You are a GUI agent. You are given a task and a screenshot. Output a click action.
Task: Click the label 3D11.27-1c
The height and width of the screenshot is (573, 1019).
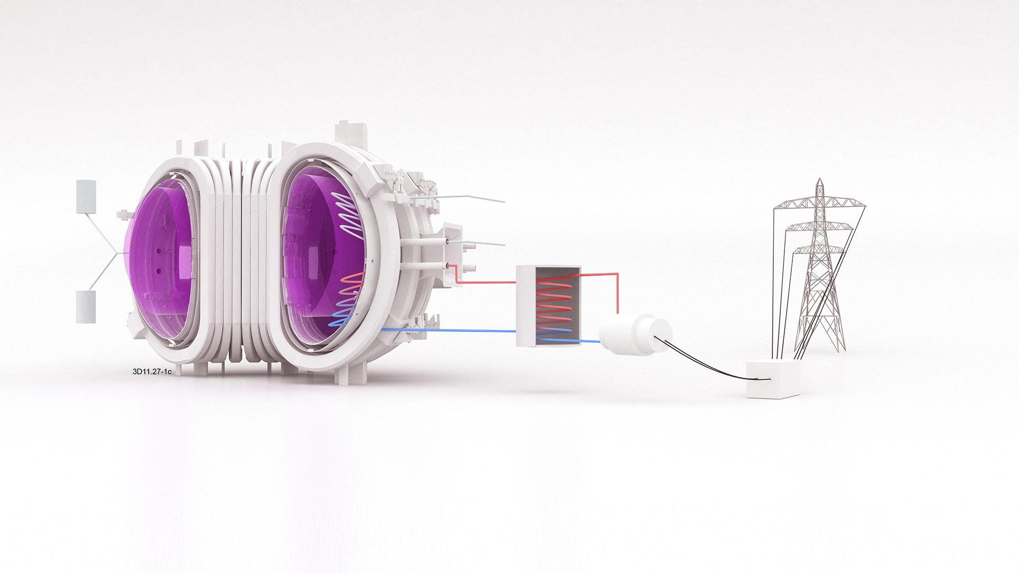(x=152, y=372)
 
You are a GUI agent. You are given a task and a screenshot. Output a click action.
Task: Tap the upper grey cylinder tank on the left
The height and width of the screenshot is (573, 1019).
(x=86, y=197)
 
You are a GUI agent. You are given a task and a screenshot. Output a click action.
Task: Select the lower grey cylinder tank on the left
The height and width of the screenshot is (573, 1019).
(x=85, y=307)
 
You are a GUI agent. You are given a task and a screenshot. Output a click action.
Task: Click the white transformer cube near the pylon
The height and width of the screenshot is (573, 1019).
(x=773, y=379)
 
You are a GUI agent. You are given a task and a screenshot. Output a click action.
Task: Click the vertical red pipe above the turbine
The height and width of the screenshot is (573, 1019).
(x=617, y=294)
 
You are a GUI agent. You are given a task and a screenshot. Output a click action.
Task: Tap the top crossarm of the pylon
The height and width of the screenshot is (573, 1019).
(x=820, y=204)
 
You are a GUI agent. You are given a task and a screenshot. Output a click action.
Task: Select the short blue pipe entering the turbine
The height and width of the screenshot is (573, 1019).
(x=590, y=341)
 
